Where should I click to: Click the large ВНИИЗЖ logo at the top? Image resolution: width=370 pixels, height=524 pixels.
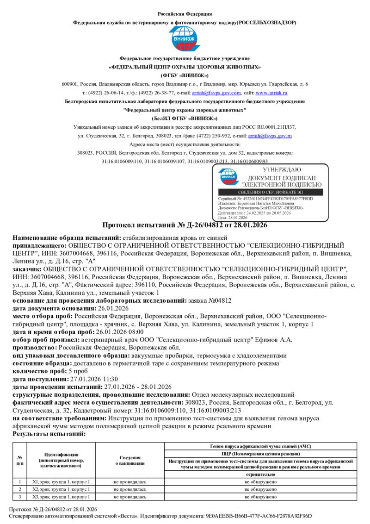coord(185,39)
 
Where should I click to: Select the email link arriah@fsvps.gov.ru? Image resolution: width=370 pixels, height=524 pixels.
coord(270,136)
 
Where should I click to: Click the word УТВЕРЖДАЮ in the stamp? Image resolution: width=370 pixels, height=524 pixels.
coord(281,169)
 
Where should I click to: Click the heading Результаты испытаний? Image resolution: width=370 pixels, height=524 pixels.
coord(49,434)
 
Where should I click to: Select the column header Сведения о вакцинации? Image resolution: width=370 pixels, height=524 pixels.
coord(130,460)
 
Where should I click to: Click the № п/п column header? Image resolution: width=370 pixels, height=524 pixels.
coord(19,460)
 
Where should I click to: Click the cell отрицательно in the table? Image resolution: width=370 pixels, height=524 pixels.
coord(260,474)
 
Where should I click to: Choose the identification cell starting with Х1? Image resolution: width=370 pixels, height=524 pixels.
coord(61,482)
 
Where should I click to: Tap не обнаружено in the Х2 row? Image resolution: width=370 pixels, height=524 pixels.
coord(260,489)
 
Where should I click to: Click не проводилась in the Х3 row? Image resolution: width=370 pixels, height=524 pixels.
coord(130,497)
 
